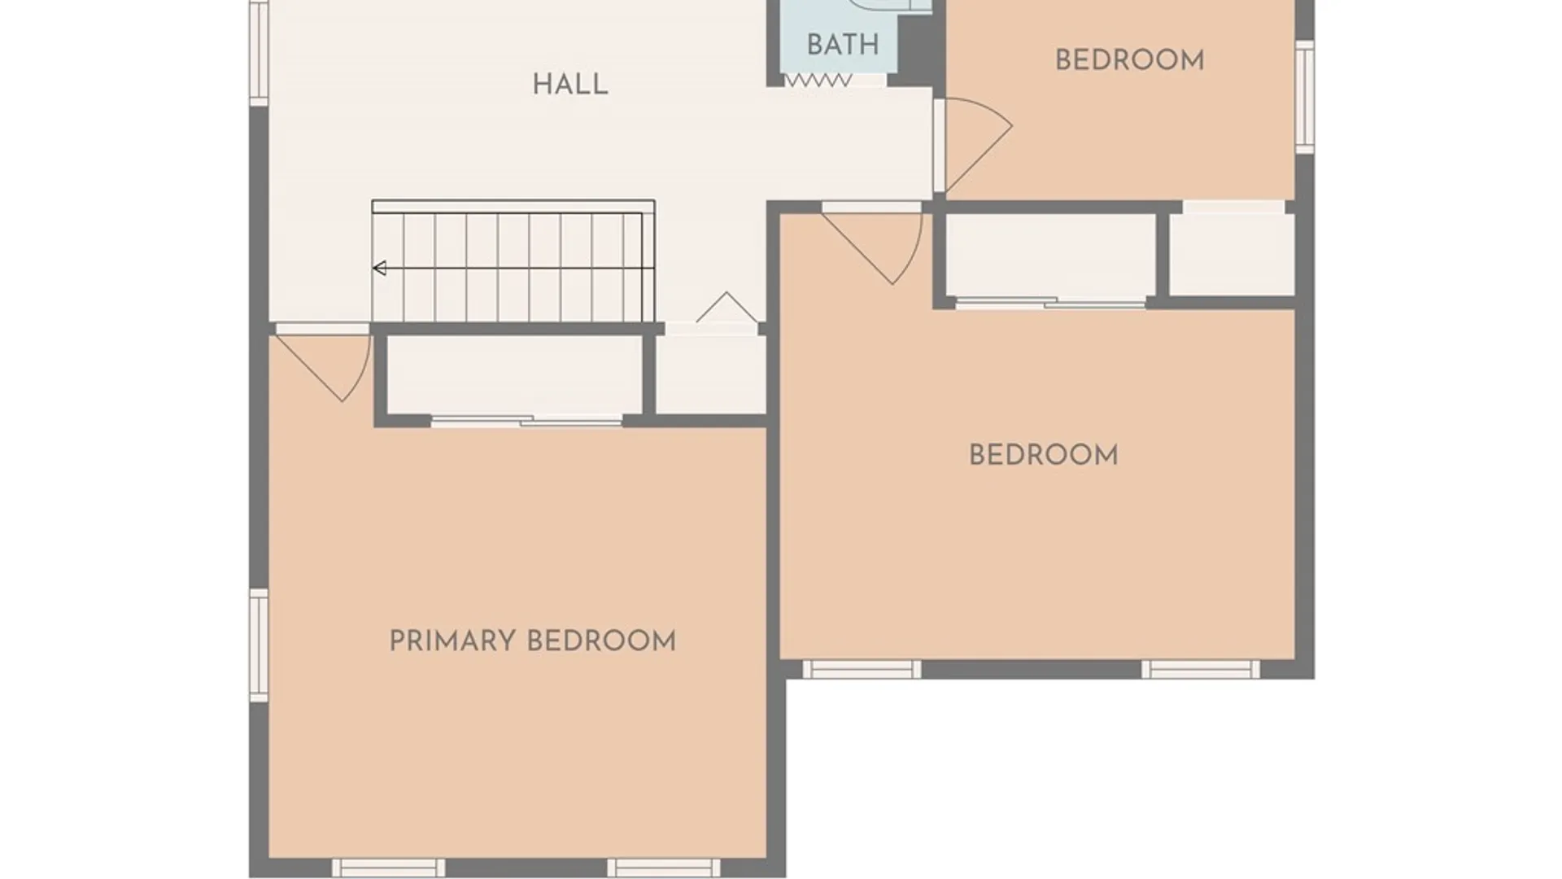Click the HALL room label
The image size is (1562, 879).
569,85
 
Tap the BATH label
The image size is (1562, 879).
843,45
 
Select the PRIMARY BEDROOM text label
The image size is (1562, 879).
533,641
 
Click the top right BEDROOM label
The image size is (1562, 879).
1129,60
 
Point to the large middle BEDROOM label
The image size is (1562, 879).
1043,455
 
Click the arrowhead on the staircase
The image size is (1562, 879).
379,268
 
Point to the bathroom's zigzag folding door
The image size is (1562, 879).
818,81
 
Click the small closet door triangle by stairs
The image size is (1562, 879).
726,307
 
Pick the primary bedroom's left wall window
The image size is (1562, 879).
259,645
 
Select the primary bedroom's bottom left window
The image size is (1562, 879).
389,868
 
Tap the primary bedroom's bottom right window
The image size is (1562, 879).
664,868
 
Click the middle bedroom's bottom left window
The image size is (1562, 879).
862,670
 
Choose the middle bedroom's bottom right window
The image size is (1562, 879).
1201,670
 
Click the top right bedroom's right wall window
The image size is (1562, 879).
1305,97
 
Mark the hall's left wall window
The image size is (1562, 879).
259,53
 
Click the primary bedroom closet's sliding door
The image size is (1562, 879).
526,421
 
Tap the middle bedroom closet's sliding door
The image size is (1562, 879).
1051,304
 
